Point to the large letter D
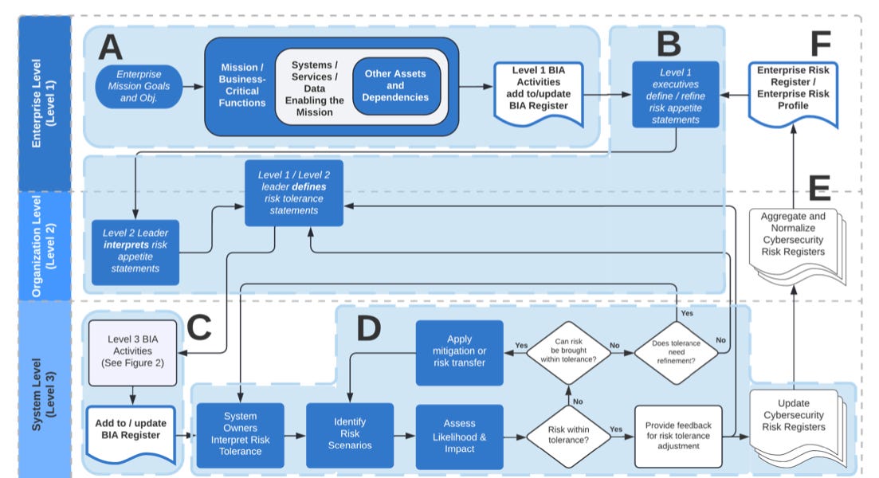(367, 328)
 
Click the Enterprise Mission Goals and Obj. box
(139, 86)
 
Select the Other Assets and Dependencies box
(395, 86)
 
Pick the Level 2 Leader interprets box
(135, 250)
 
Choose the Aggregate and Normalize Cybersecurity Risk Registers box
(792, 237)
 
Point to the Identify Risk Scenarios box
(349, 435)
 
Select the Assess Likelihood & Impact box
(459, 435)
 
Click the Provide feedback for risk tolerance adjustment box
(677, 435)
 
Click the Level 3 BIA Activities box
(131, 351)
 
